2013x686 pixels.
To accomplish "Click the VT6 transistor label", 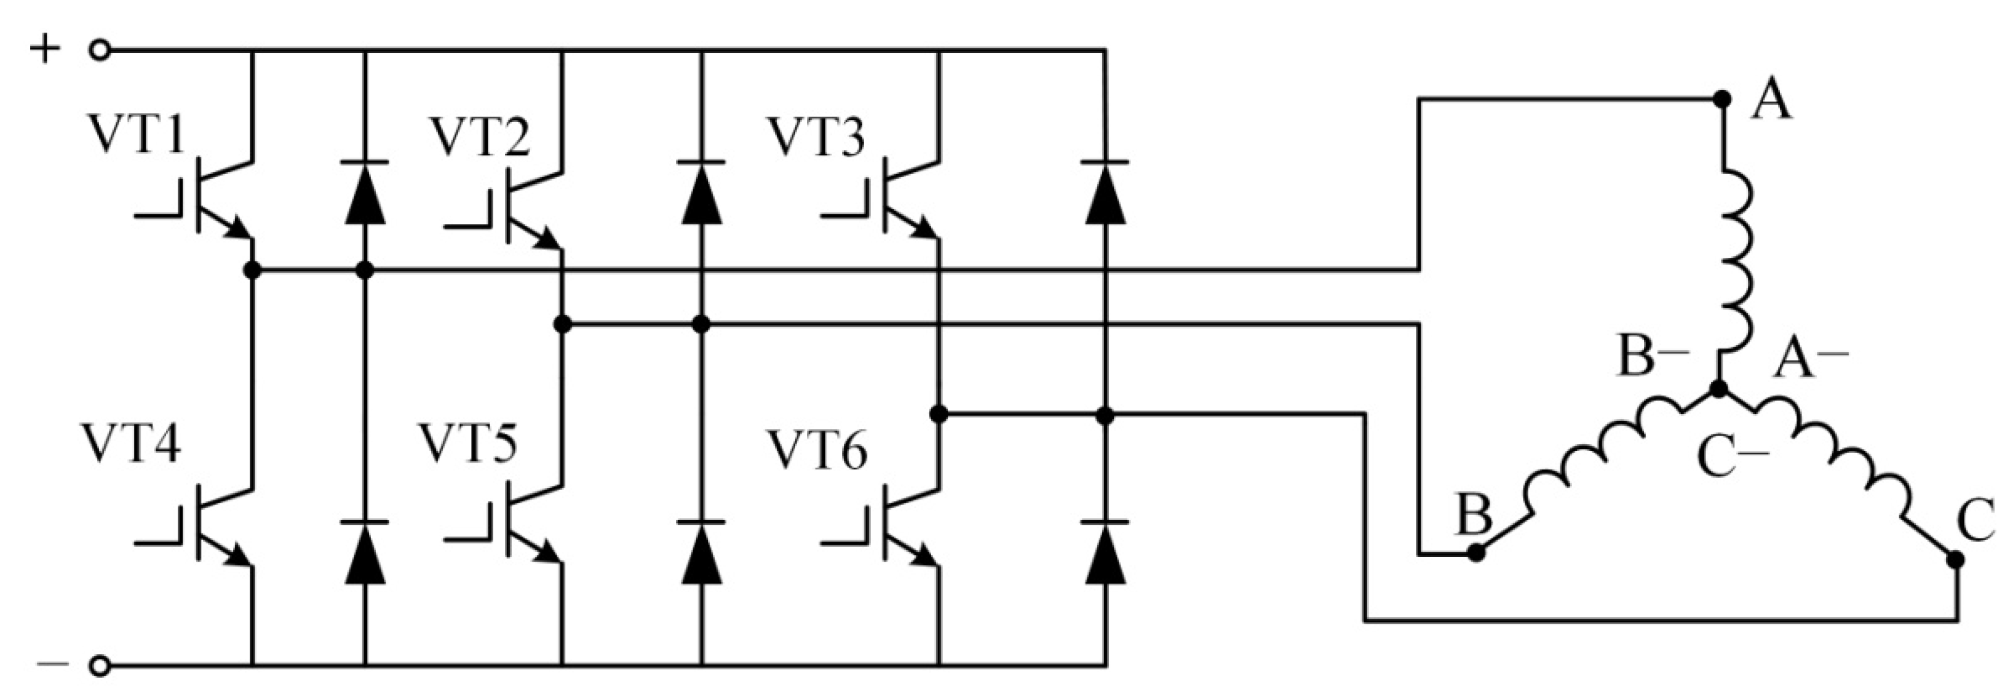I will point(817,452).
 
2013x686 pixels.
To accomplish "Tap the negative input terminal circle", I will point(99,666).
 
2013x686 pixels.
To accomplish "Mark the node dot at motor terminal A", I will point(1721,99).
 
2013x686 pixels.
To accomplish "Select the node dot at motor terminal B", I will point(1475,553).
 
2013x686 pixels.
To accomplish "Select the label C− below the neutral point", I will point(1733,458).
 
